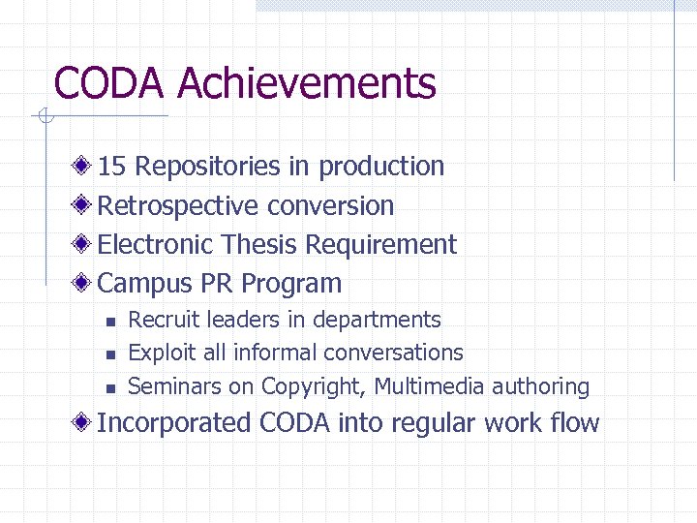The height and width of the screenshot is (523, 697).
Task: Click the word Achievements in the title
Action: pos(307,83)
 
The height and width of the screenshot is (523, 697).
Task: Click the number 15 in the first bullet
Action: pos(112,167)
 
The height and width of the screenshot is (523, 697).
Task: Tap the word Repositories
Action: pos(207,167)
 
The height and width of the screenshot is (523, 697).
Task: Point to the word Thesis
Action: pos(261,244)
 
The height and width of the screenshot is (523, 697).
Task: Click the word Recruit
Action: pos(161,320)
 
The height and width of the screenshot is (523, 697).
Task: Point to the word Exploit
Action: pos(161,353)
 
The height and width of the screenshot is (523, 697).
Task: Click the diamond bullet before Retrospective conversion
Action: pos(85,205)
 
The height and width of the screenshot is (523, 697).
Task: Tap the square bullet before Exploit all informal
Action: pos(109,354)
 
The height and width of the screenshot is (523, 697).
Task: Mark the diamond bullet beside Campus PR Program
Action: pos(85,284)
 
